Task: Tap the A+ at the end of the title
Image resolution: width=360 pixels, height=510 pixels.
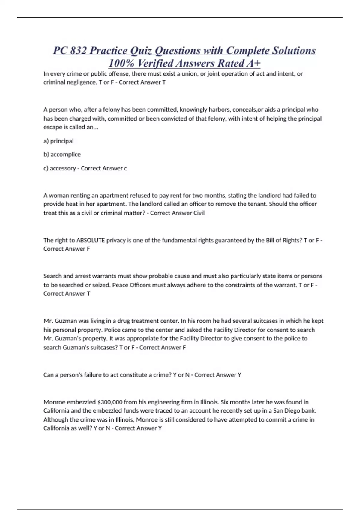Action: click(x=254, y=63)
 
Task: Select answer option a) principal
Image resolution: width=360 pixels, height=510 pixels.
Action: click(x=58, y=141)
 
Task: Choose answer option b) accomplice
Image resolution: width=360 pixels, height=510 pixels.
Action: click(x=62, y=154)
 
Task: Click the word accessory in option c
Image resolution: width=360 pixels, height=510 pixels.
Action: click(x=63, y=168)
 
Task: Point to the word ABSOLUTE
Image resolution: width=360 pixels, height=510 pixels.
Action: click(x=91, y=240)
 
